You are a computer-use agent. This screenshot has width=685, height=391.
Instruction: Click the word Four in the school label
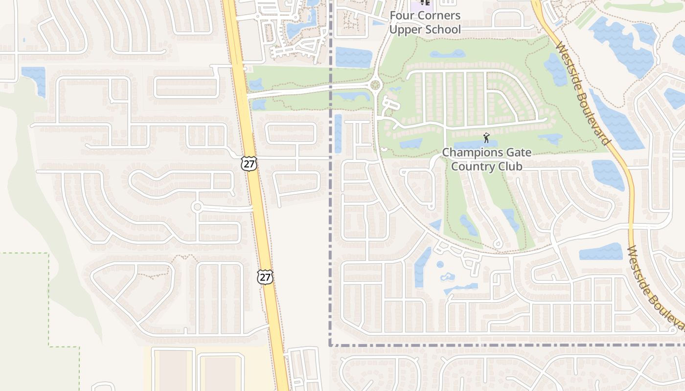[x=400, y=16]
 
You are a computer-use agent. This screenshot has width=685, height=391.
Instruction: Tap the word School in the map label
[x=443, y=29]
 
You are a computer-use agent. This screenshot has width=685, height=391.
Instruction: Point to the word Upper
[x=406, y=29]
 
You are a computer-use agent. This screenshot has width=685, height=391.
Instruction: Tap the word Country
[x=473, y=166]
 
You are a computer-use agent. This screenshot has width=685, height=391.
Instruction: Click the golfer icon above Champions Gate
[x=486, y=137]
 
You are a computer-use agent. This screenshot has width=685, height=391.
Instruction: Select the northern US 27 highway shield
[x=249, y=163]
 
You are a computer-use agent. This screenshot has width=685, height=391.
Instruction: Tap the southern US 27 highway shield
[x=265, y=277]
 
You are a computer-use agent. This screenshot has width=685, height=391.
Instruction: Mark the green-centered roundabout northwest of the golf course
[x=375, y=85]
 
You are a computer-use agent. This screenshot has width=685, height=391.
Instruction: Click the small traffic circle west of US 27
[x=197, y=207]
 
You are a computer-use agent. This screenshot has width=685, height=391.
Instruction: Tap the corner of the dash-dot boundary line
[x=330, y=346]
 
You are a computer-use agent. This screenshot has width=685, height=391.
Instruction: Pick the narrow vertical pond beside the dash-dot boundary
[x=338, y=133]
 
